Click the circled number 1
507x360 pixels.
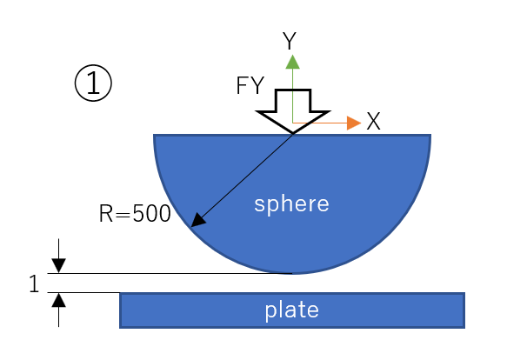(93, 83)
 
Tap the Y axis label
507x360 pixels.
(290, 41)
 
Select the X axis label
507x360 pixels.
(373, 121)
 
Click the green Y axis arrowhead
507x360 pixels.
(292, 62)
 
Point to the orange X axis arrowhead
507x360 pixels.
(354, 123)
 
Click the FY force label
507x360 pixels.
(250, 85)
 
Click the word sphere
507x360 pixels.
(291, 204)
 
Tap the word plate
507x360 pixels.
(292, 310)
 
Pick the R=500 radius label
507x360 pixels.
(135, 213)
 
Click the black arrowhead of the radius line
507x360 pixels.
(198, 220)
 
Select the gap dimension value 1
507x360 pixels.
(34, 283)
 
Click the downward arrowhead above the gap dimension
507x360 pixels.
(58, 265)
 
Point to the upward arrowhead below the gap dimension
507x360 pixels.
(58, 300)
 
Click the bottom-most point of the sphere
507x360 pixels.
(292, 274)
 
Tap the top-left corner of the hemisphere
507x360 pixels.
(154, 135)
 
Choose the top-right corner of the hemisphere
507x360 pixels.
(430, 135)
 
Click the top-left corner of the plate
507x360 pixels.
(120, 293)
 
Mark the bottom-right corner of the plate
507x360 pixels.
(465, 328)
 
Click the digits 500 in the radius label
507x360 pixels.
(151, 213)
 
